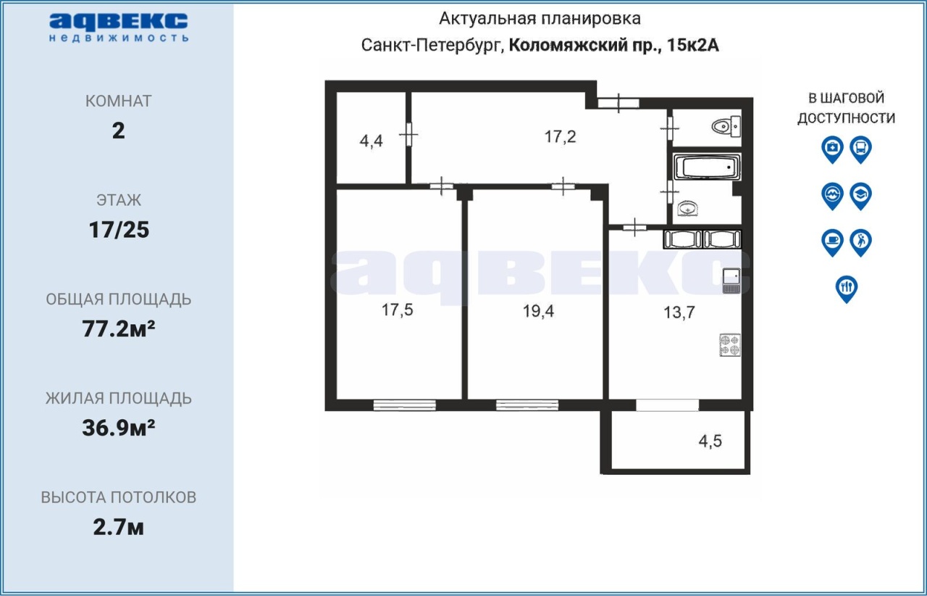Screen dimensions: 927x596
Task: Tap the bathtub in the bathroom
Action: pyautogui.click(x=707, y=167)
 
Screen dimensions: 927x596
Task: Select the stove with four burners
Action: pyautogui.click(x=730, y=345)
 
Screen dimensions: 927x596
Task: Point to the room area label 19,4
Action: pyautogui.click(x=538, y=311)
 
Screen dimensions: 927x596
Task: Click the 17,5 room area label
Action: pyautogui.click(x=398, y=310)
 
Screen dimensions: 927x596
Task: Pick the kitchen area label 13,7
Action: pyautogui.click(x=679, y=312)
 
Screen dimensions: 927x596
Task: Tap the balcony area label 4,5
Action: pyautogui.click(x=710, y=441)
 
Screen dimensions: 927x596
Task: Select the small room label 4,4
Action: pyautogui.click(x=372, y=141)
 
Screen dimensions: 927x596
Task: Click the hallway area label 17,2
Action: pyautogui.click(x=560, y=136)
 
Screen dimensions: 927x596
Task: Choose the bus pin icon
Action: pyautogui.click(x=861, y=149)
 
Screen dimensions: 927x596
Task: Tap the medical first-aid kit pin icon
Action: pyautogui.click(x=832, y=149)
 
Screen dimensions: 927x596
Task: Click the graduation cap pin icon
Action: pyautogui.click(x=861, y=196)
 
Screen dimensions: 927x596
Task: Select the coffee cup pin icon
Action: pyautogui.click(x=832, y=242)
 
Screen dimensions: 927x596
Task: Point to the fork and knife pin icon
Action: pyautogui.click(x=847, y=289)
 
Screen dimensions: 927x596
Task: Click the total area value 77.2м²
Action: pyautogui.click(x=118, y=329)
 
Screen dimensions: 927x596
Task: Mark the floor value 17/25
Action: pyautogui.click(x=119, y=230)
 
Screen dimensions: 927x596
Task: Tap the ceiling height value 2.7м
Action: pyautogui.click(x=118, y=527)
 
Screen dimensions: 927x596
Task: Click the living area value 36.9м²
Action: pyautogui.click(x=118, y=428)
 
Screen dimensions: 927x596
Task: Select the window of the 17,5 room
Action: pyautogui.click(x=404, y=405)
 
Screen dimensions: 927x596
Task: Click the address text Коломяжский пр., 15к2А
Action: pyautogui.click(x=613, y=45)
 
